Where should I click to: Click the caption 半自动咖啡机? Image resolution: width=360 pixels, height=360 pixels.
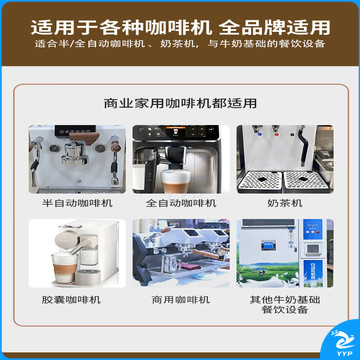click(77, 203)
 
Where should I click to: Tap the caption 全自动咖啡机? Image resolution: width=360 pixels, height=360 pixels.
click(181, 203)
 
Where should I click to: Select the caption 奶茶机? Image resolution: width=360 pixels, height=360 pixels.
click(285, 203)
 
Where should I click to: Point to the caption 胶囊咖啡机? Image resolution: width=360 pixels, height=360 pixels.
click(71, 299)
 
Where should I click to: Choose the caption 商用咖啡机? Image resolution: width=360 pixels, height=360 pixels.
click(181, 299)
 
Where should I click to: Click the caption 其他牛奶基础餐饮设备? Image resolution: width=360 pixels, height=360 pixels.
click(285, 304)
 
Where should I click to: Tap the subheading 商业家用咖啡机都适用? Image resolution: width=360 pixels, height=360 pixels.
click(180, 103)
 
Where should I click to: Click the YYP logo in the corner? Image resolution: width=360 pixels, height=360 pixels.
click(342, 342)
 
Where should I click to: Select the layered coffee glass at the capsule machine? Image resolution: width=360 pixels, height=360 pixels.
click(65, 267)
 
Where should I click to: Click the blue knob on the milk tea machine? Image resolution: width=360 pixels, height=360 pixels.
click(259, 135)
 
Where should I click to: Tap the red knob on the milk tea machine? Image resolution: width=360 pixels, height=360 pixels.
click(276, 135)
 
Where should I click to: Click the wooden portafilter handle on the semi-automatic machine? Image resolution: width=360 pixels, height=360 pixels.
click(85, 137)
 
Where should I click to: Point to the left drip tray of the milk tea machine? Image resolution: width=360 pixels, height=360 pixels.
click(260, 181)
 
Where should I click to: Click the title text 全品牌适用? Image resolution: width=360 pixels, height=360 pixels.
click(275, 27)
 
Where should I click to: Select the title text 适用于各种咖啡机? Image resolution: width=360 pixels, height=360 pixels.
click(121, 27)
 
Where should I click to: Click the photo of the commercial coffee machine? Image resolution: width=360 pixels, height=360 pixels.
click(181, 253)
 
